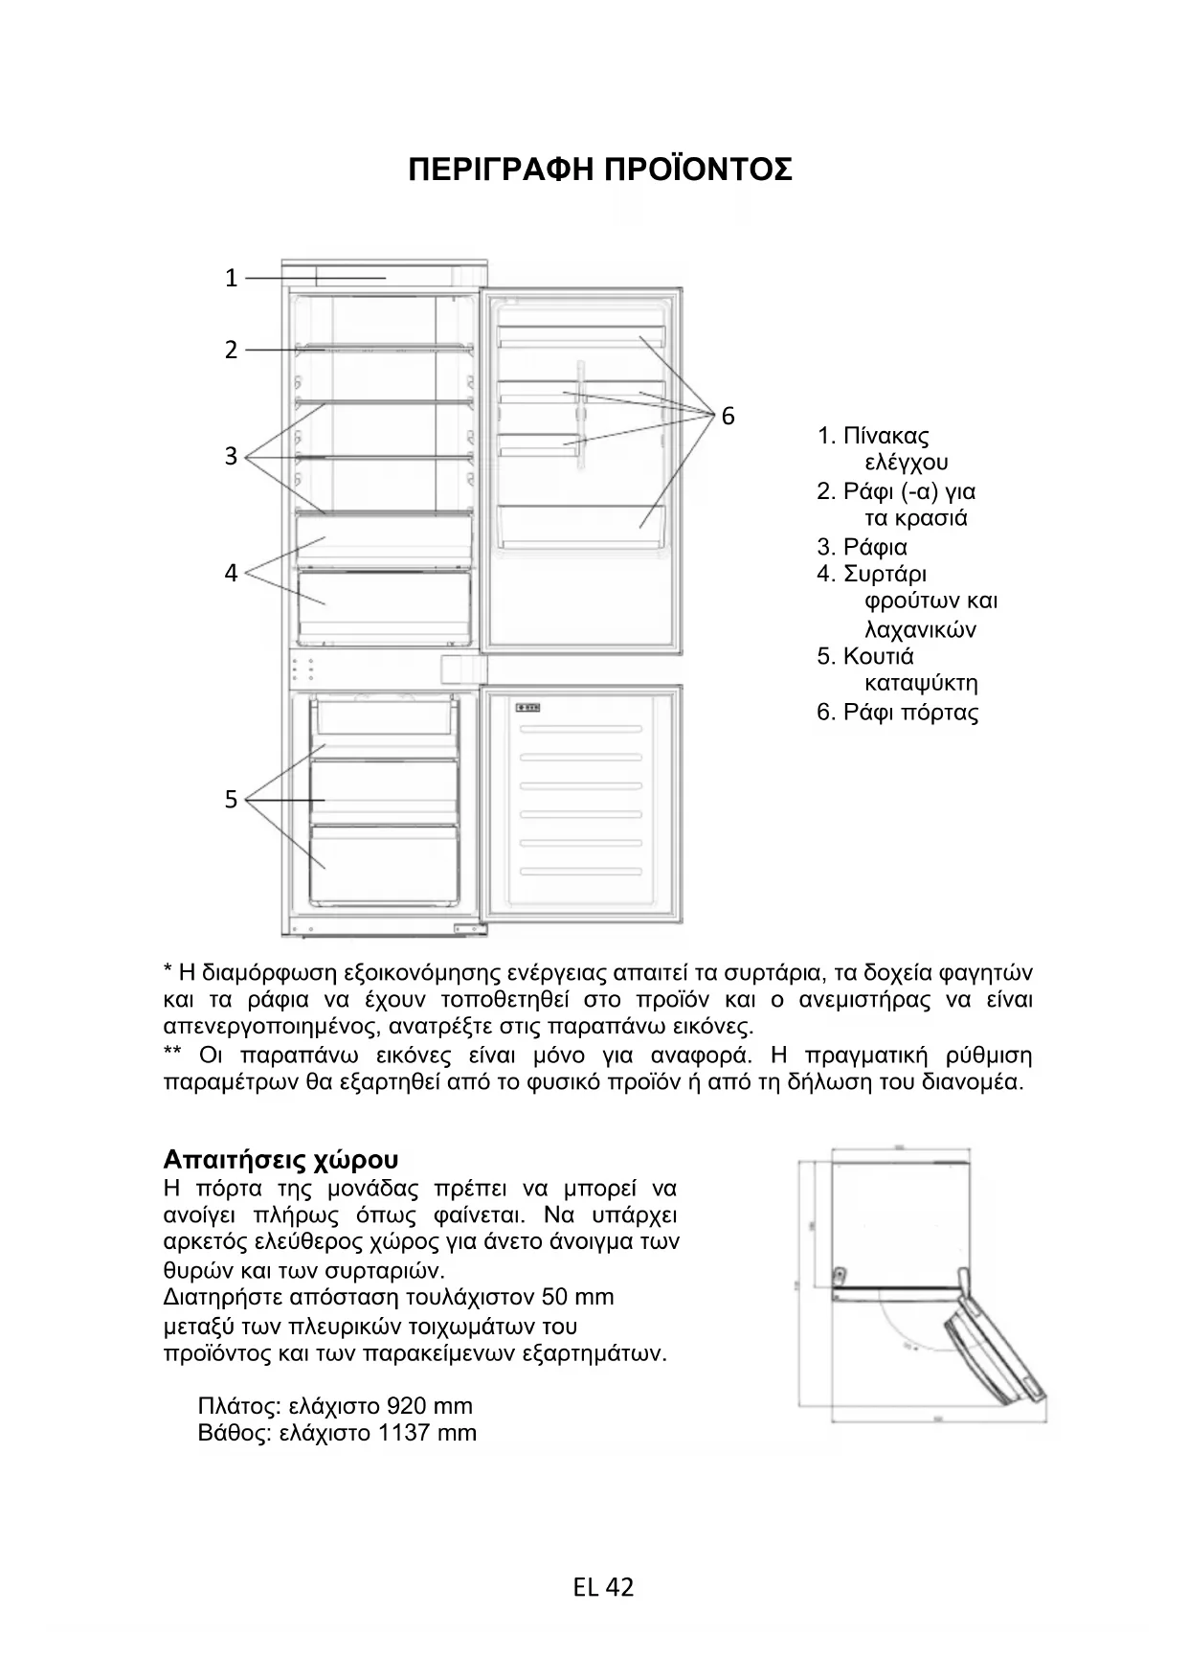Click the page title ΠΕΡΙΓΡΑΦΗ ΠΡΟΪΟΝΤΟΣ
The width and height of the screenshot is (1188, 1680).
pos(599,170)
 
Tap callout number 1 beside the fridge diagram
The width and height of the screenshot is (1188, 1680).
pos(231,279)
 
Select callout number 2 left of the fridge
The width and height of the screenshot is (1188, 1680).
pos(231,351)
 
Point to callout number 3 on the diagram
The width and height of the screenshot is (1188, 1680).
pos(231,457)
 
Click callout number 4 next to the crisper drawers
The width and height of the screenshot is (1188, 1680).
pos(231,574)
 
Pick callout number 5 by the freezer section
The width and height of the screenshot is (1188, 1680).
pos(231,800)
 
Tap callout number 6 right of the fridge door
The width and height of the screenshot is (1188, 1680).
pos(728,417)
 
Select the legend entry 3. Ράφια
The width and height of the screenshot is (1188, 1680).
pos(863,548)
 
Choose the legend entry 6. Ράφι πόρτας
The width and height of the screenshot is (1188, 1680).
pos(898,713)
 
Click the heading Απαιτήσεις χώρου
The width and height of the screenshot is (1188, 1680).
pos(280,1160)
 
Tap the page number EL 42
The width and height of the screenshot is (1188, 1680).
pos(603,1588)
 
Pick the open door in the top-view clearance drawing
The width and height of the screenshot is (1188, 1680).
pos(991,1341)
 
